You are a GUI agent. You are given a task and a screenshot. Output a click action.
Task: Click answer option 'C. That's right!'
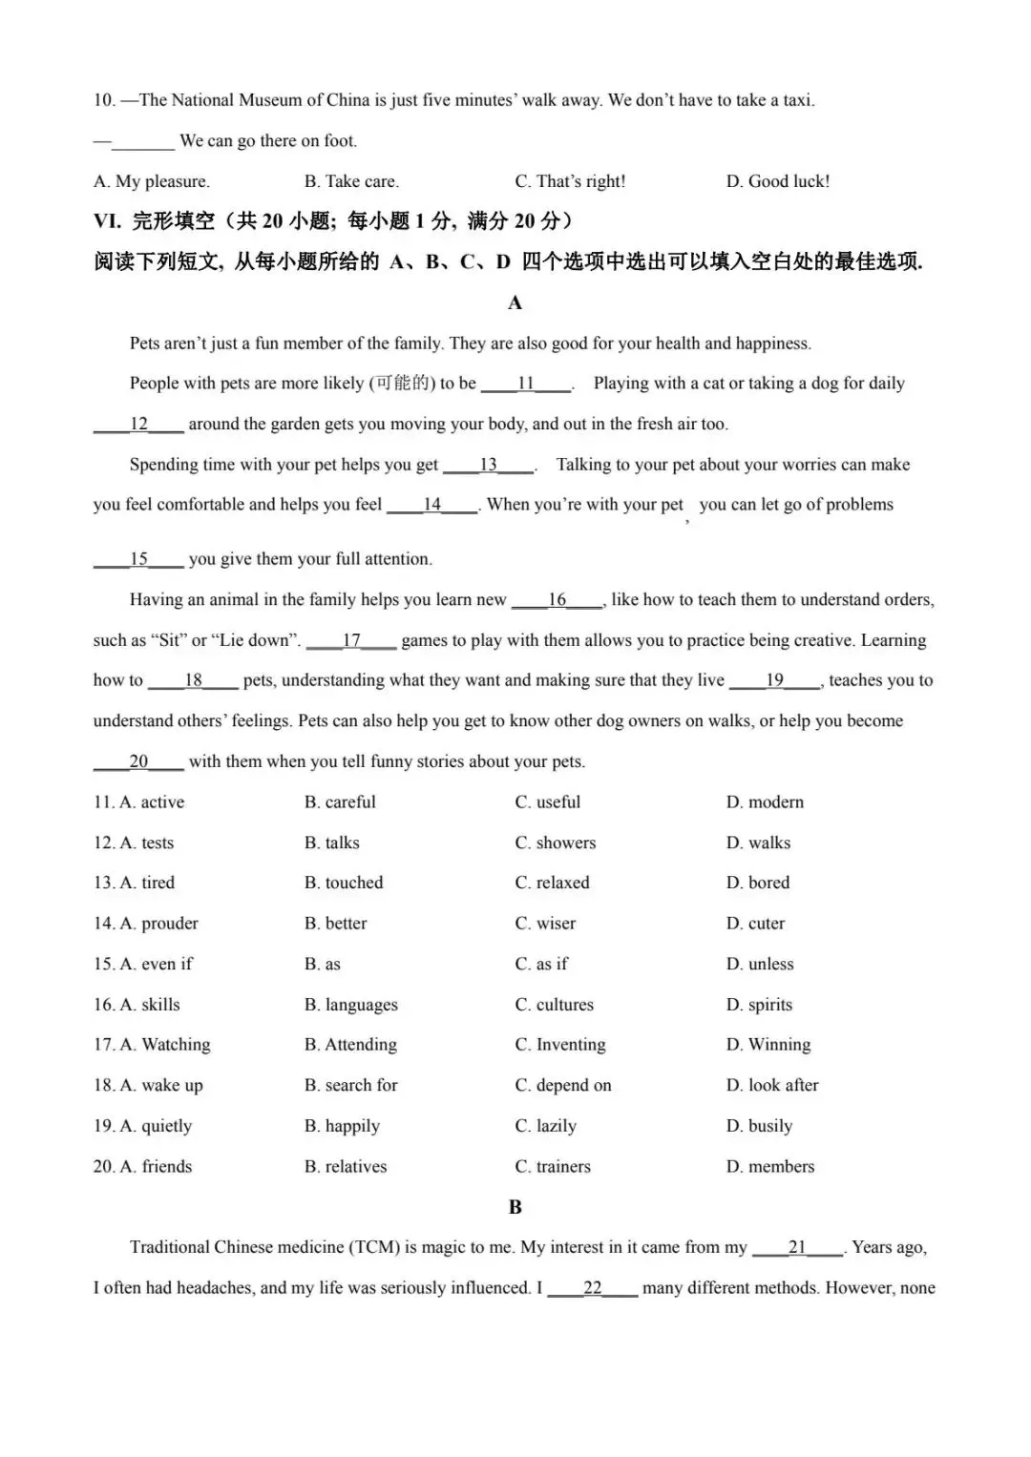click(570, 181)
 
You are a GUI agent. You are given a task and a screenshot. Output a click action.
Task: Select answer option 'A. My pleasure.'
click(151, 181)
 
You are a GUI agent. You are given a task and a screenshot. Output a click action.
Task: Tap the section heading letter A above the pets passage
click(515, 302)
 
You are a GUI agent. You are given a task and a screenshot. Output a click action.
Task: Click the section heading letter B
click(515, 1207)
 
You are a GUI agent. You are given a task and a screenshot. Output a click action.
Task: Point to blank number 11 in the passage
click(526, 384)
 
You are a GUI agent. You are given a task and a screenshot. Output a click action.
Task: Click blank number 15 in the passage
click(138, 559)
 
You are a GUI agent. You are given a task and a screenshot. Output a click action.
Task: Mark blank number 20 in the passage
click(138, 761)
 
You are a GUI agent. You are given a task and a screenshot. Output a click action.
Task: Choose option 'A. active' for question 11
click(152, 802)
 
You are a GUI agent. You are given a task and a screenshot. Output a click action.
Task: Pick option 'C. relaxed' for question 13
click(552, 883)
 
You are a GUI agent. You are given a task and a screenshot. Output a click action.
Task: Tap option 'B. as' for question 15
click(323, 964)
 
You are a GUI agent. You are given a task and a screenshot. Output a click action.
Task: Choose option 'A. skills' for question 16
click(150, 1005)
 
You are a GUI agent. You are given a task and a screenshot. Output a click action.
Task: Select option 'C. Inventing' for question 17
click(559, 1045)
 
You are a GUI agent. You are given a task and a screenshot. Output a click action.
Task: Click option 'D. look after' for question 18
click(771, 1085)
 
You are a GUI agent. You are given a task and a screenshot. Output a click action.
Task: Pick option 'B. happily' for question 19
click(342, 1126)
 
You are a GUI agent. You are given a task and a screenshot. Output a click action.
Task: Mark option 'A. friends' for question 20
click(156, 1166)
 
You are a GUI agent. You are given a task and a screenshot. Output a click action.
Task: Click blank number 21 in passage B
click(797, 1247)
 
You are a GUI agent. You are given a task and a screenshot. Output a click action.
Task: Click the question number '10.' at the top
click(104, 100)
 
